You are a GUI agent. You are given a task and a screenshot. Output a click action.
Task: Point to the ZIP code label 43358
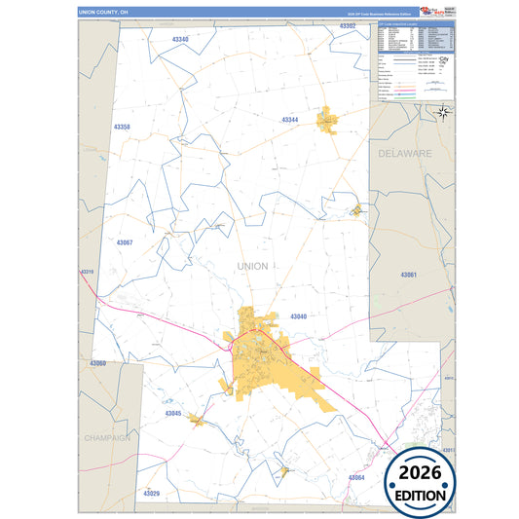(x=122, y=128)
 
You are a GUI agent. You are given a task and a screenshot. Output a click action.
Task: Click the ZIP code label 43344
(x=290, y=120)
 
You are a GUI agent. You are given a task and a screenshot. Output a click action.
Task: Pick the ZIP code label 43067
(x=125, y=241)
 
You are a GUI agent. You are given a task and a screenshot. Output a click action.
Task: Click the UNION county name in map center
(x=252, y=265)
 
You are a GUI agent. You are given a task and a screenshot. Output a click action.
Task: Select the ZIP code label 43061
(x=408, y=276)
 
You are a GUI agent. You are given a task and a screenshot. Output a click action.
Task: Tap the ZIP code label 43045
(x=173, y=413)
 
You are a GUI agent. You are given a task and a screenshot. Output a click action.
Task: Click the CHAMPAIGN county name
(x=107, y=438)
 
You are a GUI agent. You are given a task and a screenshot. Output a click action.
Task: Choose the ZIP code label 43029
(x=151, y=494)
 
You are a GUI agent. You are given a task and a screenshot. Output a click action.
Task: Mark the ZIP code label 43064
(x=356, y=477)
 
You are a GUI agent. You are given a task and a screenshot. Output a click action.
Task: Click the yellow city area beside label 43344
(x=327, y=120)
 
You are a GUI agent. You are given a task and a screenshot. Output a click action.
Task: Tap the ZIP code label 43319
(x=88, y=272)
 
